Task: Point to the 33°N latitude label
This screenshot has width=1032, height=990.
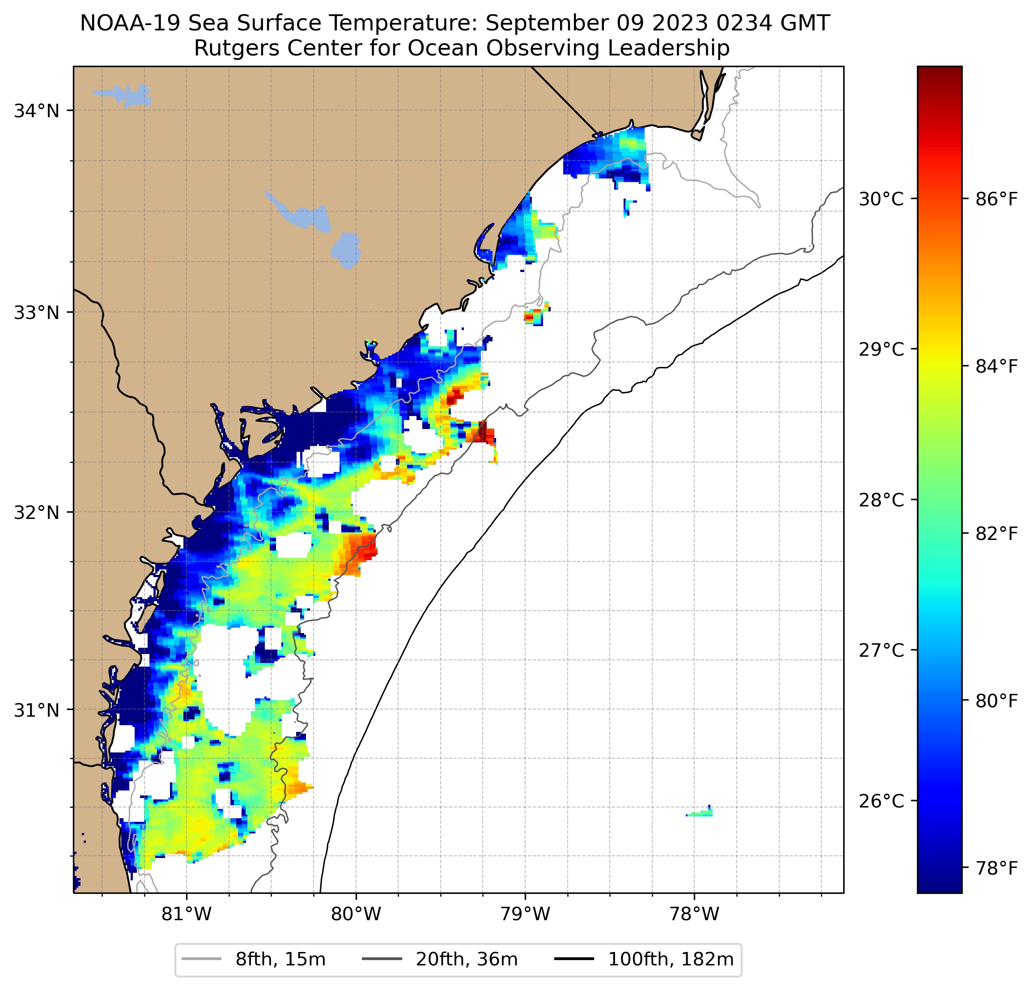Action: tap(36, 312)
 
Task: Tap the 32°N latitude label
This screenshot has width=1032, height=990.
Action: tap(36, 512)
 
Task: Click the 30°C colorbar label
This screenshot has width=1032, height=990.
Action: tap(881, 199)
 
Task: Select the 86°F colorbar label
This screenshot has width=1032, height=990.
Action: tap(996, 199)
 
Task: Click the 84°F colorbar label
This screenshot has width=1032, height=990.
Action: tap(996, 366)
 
